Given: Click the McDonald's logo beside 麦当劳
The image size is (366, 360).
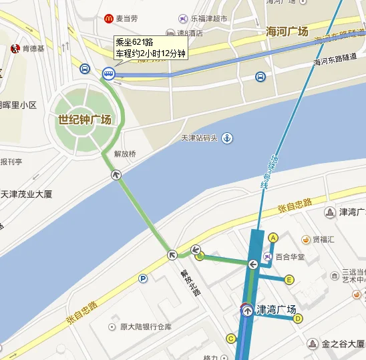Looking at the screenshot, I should [108, 19].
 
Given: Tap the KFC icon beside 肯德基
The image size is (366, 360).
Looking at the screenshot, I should [13, 48].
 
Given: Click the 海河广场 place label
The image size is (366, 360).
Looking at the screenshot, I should [287, 31].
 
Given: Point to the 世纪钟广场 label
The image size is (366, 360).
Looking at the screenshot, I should [80, 120].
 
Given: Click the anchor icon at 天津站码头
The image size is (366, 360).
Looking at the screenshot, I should [227, 138].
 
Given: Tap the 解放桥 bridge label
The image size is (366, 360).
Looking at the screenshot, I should [125, 154].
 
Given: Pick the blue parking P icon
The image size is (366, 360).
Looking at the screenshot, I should [142, 279].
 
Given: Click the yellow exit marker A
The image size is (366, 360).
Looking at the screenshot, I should [272, 237].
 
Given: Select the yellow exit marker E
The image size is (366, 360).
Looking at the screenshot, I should [289, 279].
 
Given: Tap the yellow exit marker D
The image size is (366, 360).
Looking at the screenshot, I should [298, 318].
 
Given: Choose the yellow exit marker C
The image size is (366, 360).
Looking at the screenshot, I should [231, 339].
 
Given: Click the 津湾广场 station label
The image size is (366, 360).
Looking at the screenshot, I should [277, 310].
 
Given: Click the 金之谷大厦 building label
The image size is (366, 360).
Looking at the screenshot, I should [343, 345].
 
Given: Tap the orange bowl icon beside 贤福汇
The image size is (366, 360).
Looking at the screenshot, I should [307, 239].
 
